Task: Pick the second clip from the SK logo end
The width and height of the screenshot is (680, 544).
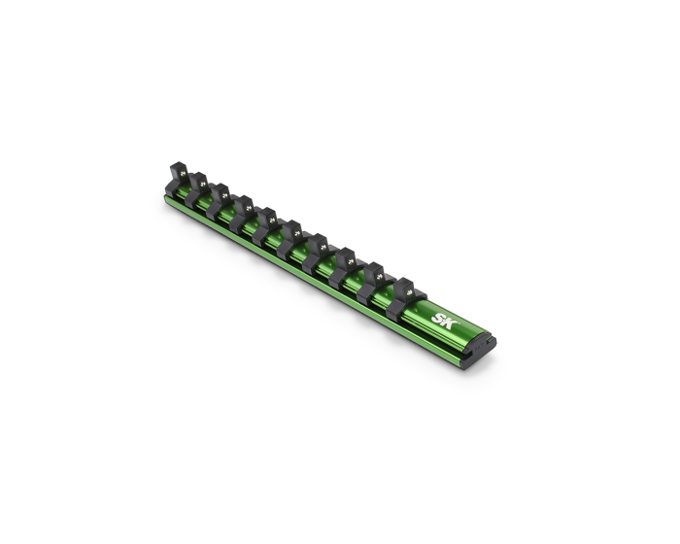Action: pos(374,277)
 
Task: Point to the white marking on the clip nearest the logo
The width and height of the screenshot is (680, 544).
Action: pos(412,288)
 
